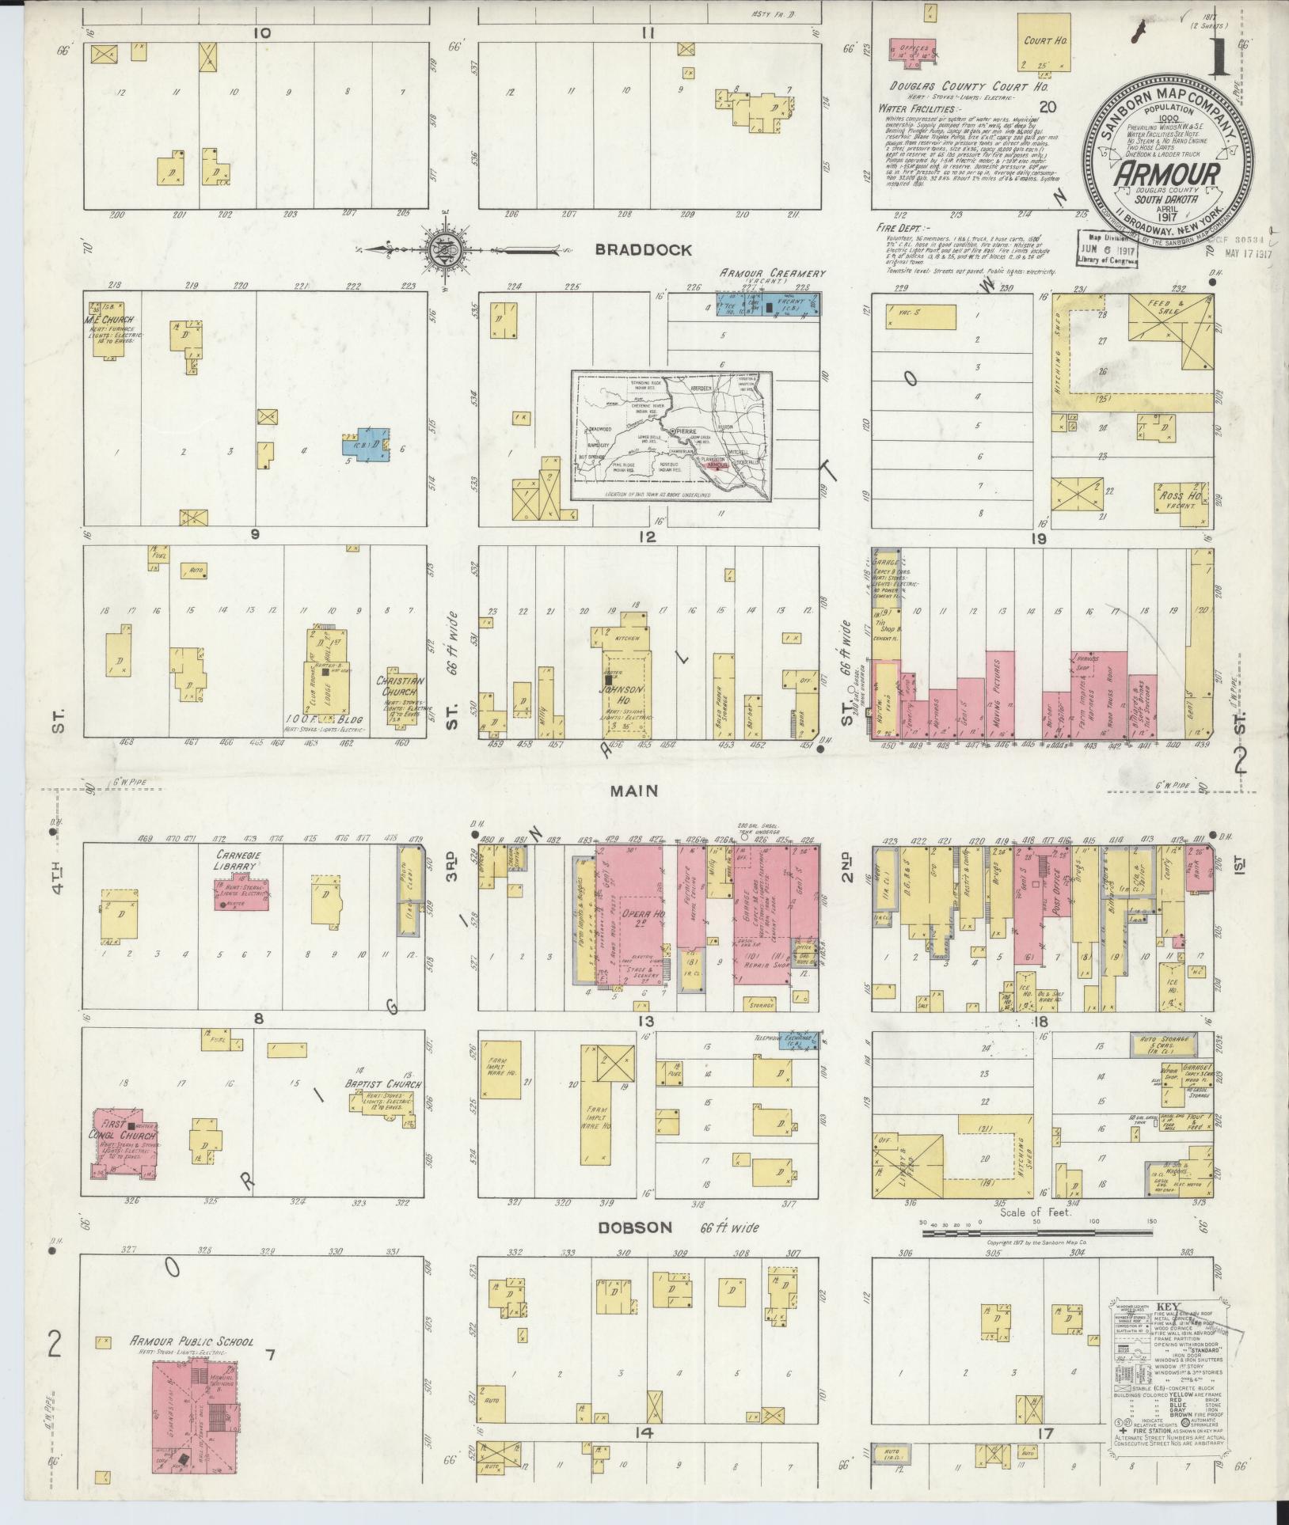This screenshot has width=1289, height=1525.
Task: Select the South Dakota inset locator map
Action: pyautogui.click(x=673, y=437)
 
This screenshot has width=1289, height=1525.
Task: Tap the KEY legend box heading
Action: pyautogui.click(x=1168, y=1307)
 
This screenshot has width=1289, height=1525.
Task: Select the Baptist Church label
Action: pyautogui.click(x=382, y=1084)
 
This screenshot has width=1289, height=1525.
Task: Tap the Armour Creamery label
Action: pyautogui.click(x=773, y=273)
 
